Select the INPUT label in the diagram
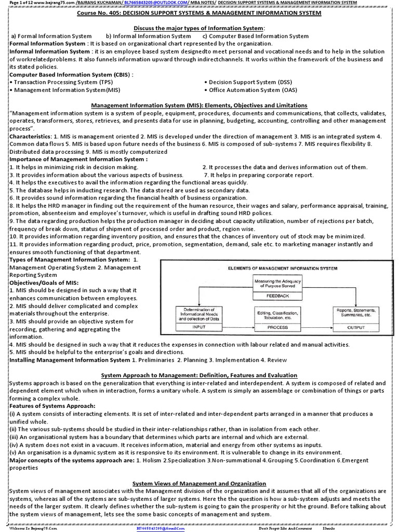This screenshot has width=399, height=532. (199, 327)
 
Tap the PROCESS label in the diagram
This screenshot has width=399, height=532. (277, 328)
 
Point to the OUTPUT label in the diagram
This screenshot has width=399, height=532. (356, 328)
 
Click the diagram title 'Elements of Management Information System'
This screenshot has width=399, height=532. (283, 268)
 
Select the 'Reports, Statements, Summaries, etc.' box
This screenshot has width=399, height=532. (356, 314)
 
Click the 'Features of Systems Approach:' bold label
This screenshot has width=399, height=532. (52, 405)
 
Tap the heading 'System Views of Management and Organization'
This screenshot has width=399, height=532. (199, 483)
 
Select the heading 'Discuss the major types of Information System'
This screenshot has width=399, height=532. (199, 28)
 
